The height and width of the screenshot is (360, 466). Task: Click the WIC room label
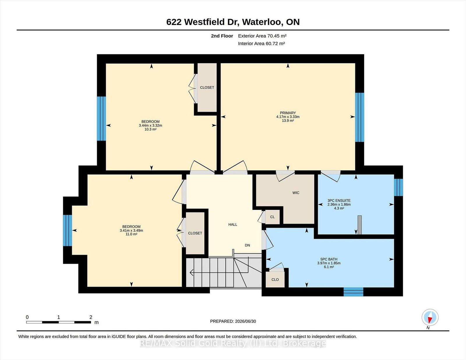(x=296, y=193)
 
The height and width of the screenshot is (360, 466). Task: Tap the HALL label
(x=233, y=225)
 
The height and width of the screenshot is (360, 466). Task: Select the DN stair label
(x=248, y=245)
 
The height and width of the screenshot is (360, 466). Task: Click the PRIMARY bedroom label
(x=288, y=113)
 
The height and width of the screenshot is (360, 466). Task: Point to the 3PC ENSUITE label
(x=339, y=201)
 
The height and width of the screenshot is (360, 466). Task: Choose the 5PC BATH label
(x=329, y=259)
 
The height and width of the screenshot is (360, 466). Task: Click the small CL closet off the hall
(x=272, y=217)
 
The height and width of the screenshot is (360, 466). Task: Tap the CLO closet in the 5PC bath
(x=275, y=279)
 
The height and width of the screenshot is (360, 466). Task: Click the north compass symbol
(x=430, y=318)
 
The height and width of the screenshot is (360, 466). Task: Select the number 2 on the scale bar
(x=91, y=317)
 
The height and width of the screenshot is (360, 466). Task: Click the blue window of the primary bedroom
(x=360, y=117)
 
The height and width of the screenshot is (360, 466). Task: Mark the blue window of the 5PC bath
(x=353, y=292)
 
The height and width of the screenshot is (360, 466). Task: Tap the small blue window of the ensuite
(x=398, y=187)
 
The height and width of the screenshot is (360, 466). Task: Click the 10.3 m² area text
(x=150, y=130)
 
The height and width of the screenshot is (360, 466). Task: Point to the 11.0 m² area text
(x=131, y=234)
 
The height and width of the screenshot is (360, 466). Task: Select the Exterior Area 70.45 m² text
(x=262, y=36)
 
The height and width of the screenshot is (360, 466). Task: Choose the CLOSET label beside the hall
(x=195, y=233)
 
